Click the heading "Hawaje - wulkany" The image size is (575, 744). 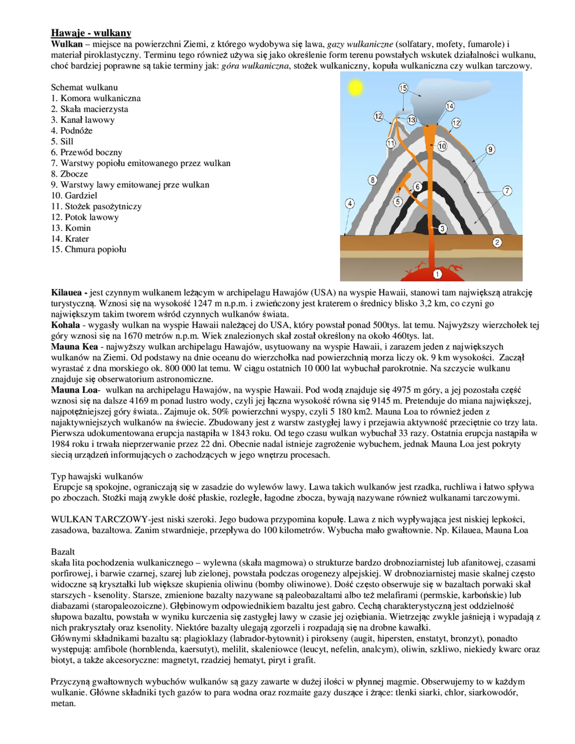[x=91, y=33]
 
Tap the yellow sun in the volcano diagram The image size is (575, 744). [x=355, y=87]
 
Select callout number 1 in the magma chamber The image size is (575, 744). [x=437, y=274]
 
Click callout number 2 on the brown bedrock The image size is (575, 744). [x=497, y=242]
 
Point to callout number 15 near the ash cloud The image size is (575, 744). [x=403, y=88]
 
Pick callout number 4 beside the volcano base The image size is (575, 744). [x=350, y=204]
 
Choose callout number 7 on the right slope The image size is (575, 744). [x=507, y=190]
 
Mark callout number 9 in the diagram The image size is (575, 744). [x=490, y=149]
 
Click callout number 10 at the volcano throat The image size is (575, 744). [x=442, y=146]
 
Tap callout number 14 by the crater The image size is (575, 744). [x=450, y=106]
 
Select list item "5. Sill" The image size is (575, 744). [x=62, y=142]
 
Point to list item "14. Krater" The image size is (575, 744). [x=70, y=239]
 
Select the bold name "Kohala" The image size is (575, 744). [x=65, y=325]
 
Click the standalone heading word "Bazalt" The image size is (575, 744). [x=63, y=552]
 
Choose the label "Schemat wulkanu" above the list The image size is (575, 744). [x=84, y=87]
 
